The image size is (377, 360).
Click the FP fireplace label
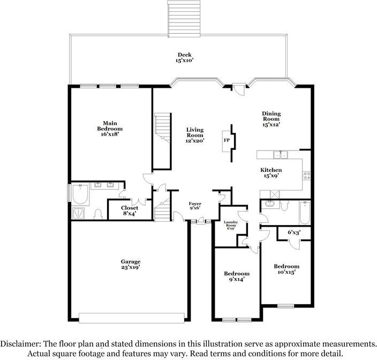(x=227, y=140)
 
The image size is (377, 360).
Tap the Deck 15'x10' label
(x=185, y=57)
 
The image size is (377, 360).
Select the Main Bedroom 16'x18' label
(x=110, y=129)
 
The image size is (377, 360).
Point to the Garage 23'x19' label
(x=131, y=264)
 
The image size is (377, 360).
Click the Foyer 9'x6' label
(x=195, y=206)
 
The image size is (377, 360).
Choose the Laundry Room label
(x=231, y=224)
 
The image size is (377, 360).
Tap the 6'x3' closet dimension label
(x=294, y=232)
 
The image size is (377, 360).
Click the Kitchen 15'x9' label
(x=271, y=173)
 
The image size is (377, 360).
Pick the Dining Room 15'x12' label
(x=271, y=119)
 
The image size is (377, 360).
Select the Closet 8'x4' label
(x=130, y=211)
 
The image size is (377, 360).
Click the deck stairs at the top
(x=184, y=19)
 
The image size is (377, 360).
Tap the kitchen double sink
(x=281, y=155)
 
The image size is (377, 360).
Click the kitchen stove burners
(x=306, y=176)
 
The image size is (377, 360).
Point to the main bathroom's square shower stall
(x=78, y=213)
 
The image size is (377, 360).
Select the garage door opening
(x=132, y=318)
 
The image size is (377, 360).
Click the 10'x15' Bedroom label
(x=286, y=269)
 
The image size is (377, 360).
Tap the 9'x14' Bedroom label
(x=237, y=276)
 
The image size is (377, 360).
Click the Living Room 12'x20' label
(x=195, y=135)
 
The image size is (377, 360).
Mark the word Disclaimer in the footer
(x=20, y=344)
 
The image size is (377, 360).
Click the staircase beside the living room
(x=163, y=128)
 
